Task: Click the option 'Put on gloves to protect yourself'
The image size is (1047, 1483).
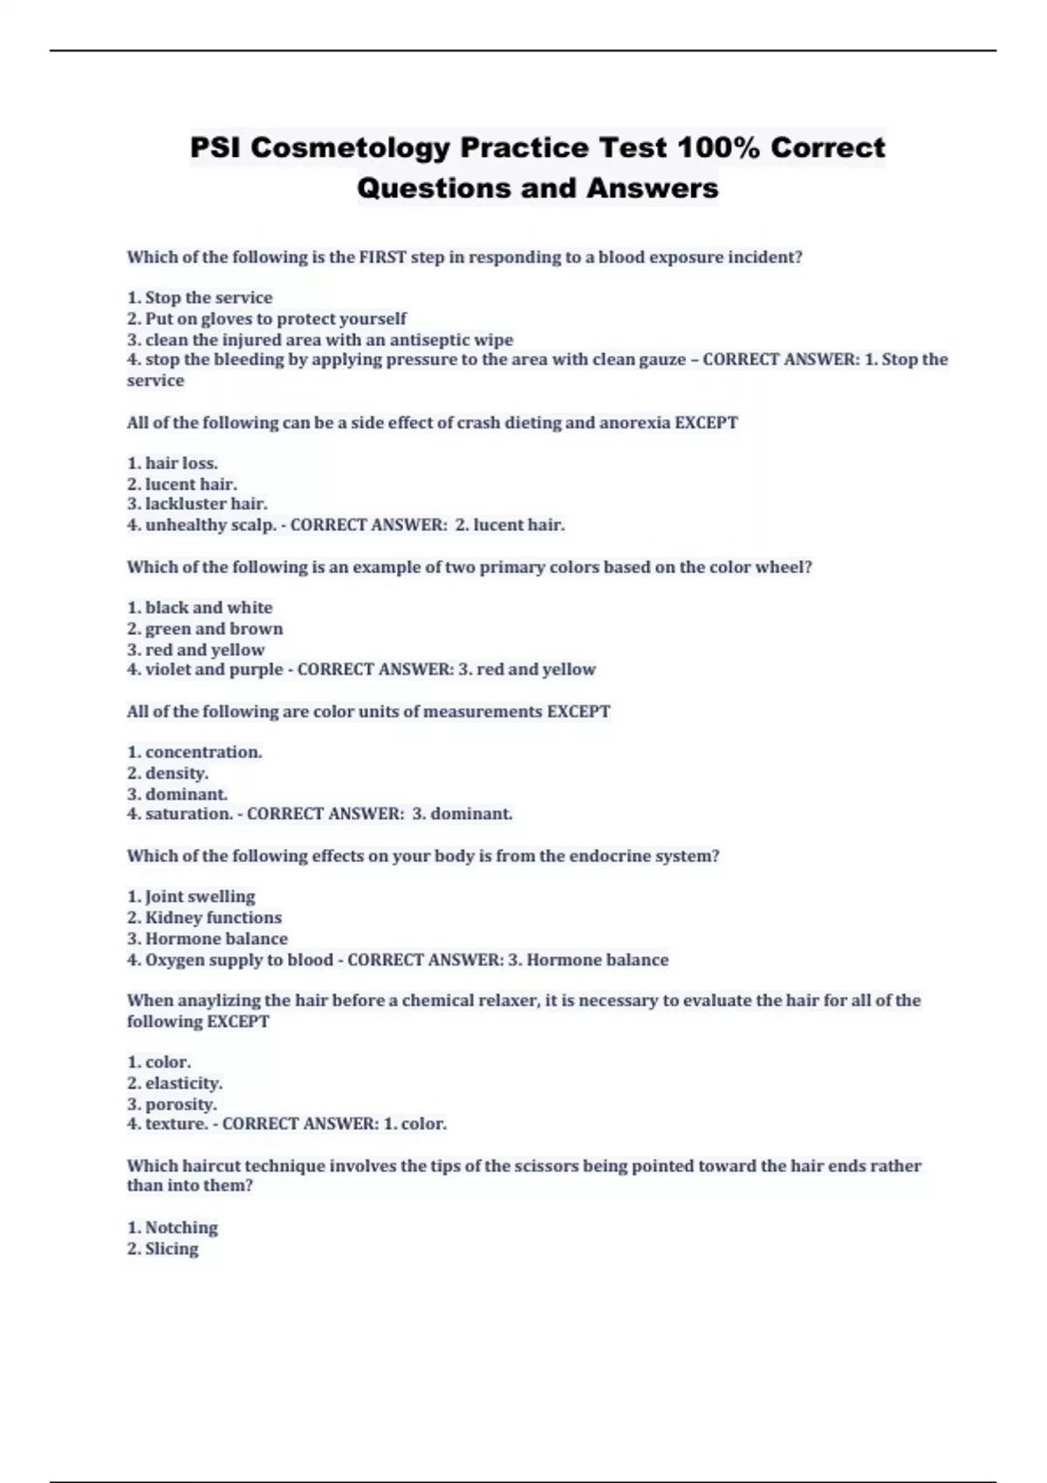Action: tap(266, 319)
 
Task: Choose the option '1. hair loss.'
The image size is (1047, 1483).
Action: tap(172, 463)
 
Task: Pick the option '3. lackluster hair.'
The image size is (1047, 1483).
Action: tap(196, 504)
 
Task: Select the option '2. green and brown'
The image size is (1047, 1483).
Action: tap(204, 629)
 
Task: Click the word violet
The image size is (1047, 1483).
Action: tap(166, 670)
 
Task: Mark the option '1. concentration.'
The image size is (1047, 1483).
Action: tap(194, 752)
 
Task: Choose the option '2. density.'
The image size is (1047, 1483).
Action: tap(168, 773)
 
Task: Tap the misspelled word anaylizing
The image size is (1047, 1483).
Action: tap(219, 1001)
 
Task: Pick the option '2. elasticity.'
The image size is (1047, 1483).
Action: tap(174, 1083)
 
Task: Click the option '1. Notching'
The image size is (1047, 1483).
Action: tap(172, 1228)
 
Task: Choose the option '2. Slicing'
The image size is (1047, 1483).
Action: tap(162, 1249)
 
